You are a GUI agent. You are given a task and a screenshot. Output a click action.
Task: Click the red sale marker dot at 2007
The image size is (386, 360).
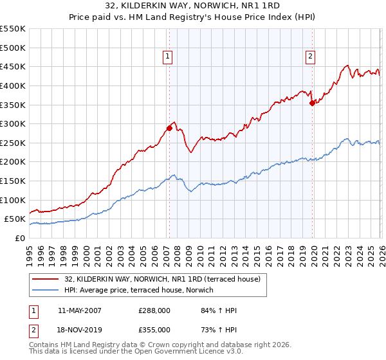tap(169, 128)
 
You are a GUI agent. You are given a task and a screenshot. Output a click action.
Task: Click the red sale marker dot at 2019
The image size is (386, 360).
tap(312, 102)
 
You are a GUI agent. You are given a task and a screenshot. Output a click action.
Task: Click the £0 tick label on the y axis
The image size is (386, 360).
tap(21, 238)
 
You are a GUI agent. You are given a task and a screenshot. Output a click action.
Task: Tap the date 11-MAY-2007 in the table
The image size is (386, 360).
tap(79, 310)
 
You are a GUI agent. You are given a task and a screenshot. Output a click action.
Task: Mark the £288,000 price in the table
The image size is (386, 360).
tap(154, 310)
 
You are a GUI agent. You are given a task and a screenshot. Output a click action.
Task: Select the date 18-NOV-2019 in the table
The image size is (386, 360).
tap(79, 329)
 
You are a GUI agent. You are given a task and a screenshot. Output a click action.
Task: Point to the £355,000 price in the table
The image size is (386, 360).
tap(154, 329)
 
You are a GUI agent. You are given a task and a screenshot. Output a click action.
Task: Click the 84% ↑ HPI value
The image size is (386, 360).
tap(219, 310)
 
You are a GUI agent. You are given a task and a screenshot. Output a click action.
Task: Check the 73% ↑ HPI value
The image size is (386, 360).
tap(219, 329)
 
